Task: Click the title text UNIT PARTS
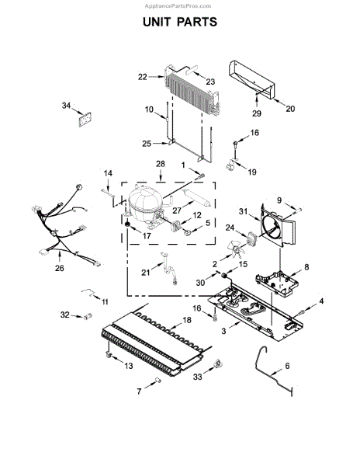coord(179,23)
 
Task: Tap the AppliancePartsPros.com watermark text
coord(179,5)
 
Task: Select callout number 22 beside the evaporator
coord(142,77)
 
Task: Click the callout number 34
coord(67,106)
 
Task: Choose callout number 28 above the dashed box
coord(161,164)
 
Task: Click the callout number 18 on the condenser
coord(186,320)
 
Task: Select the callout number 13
coord(129,366)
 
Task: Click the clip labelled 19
coord(231,165)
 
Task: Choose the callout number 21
coord(145,271)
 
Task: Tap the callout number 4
coord(321,301)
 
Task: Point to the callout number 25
coord(147,143)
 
